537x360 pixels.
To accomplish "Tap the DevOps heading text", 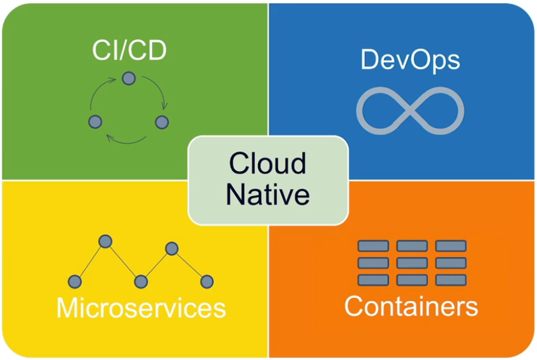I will tap(409, 60).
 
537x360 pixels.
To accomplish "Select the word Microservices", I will tap(141, 308).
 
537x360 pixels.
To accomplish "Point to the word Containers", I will tap(411, 306).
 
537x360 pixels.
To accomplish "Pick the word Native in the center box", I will tap(268, 195).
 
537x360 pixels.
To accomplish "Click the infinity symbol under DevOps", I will tap(410, 110).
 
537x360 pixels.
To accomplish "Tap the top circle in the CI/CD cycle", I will tap(128, 78).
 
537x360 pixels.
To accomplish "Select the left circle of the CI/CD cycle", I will tap(95, 121).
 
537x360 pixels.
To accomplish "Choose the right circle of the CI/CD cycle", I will tap(162, 122).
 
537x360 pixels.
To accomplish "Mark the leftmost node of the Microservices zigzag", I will tap(74, 281).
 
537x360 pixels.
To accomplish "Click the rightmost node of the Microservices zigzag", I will tap(207, 281).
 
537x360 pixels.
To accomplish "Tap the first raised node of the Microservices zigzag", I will tap(106, 241).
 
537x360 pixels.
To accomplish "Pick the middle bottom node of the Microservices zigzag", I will tap(141, 281).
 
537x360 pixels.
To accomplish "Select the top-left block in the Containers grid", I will tap(373, 246).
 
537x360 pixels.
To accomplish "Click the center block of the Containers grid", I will tap(412, 263).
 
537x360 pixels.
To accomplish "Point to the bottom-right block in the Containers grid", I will tap(451, 280).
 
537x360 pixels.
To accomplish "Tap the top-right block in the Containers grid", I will tap(451, 246).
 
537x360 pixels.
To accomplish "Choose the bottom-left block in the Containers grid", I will tap(373, 280).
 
